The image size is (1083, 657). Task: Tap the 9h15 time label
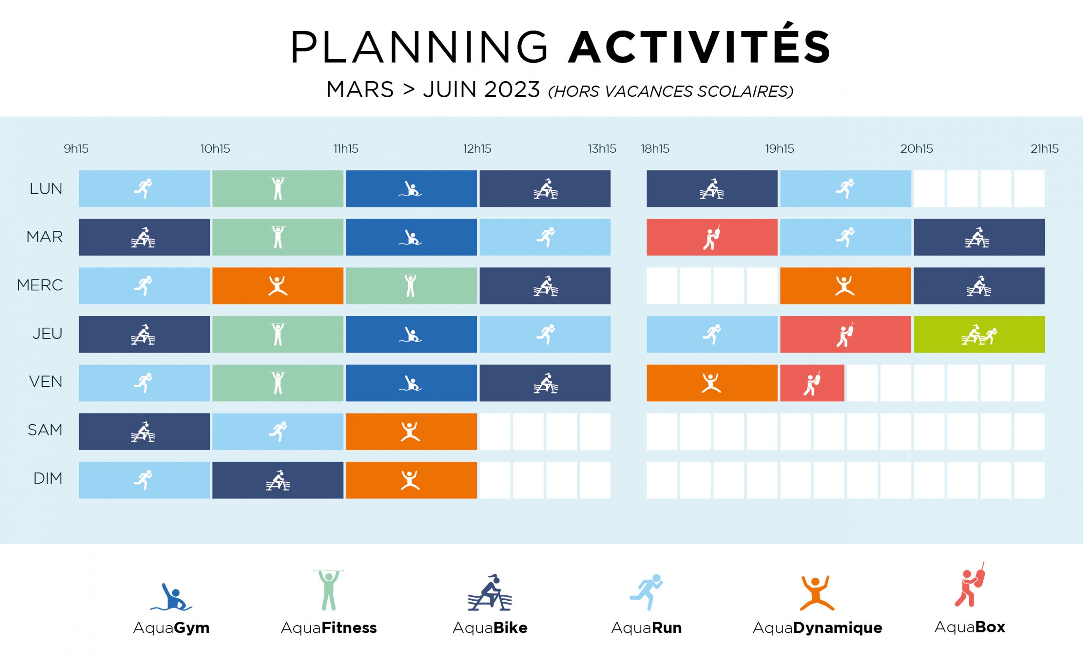click(x=76, y=149)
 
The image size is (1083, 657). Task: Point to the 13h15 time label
click(x=602, y=149)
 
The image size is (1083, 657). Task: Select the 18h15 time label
click(x=655, y=149)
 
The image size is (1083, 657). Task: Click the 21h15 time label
click(x=1045, y=149)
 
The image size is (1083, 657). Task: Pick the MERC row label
click(x=40, y=285)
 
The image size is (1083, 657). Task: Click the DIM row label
click(x=48, y=478)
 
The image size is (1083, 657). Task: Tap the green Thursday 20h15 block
click(x=979, y=334)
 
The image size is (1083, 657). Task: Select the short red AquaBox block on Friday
click(x=812, y=383)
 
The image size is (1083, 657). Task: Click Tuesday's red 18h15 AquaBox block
click(x=712, y=237)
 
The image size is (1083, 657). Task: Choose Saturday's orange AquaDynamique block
click(x=411, y=431)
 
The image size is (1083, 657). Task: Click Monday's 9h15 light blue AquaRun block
click(x=144, y=189)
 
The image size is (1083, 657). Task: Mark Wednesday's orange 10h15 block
click(x=278, y=285)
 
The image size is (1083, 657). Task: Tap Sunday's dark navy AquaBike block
click(x=278, y=480)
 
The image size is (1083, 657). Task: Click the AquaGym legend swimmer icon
click(x=171, y=597)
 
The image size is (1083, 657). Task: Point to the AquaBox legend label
click(x=970, y=627)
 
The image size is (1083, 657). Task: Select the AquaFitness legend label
click(x=329, y=627)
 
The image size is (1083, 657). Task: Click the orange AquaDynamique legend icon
click(x=816, y=593)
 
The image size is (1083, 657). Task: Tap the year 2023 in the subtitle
click(x=512, y=90)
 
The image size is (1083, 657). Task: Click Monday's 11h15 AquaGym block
click(x=411, y=189)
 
